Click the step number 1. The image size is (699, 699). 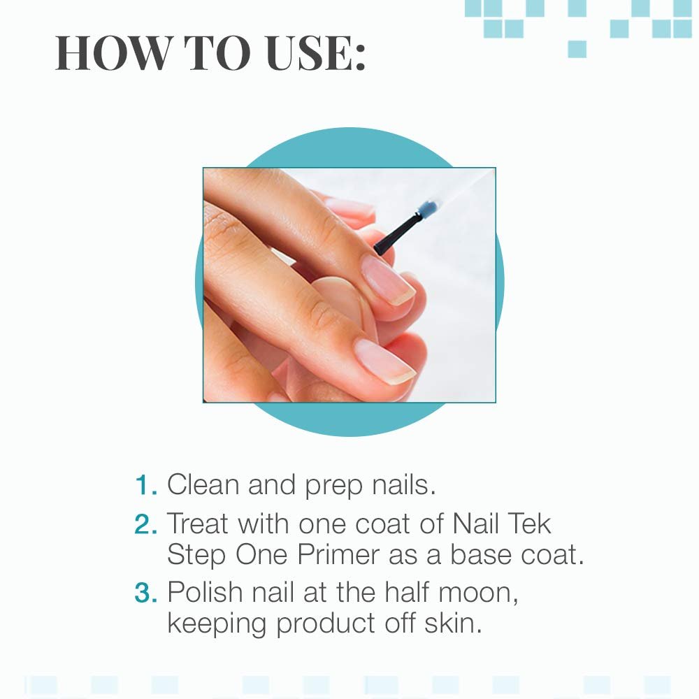[145, 485]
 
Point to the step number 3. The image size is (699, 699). [145, 592]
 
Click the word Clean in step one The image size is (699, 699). [203, 485]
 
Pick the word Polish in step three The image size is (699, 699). [206, 592]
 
